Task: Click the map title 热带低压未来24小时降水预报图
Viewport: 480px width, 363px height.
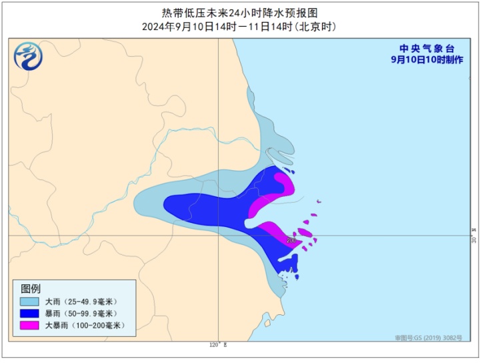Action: [240, 12]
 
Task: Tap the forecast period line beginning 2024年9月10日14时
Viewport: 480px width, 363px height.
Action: [240, 27]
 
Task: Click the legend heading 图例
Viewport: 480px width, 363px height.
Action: [31, 288]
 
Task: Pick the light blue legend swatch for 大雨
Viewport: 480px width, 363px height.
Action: [29, 302]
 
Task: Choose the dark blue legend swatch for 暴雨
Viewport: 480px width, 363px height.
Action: [29, 314]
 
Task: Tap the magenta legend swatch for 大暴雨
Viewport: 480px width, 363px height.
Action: [29, 326]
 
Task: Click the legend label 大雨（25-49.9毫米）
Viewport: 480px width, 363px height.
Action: [79, 302]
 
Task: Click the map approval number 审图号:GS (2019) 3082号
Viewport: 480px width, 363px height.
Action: [427, 338]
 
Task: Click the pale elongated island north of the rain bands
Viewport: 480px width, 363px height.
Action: [281, 157]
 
